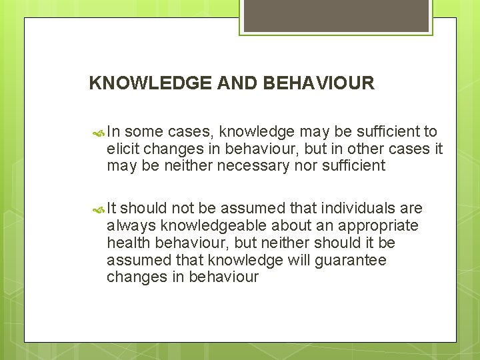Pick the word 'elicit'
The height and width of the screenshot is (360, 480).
[122, 149]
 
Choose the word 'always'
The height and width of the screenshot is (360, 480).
[129, 227]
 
